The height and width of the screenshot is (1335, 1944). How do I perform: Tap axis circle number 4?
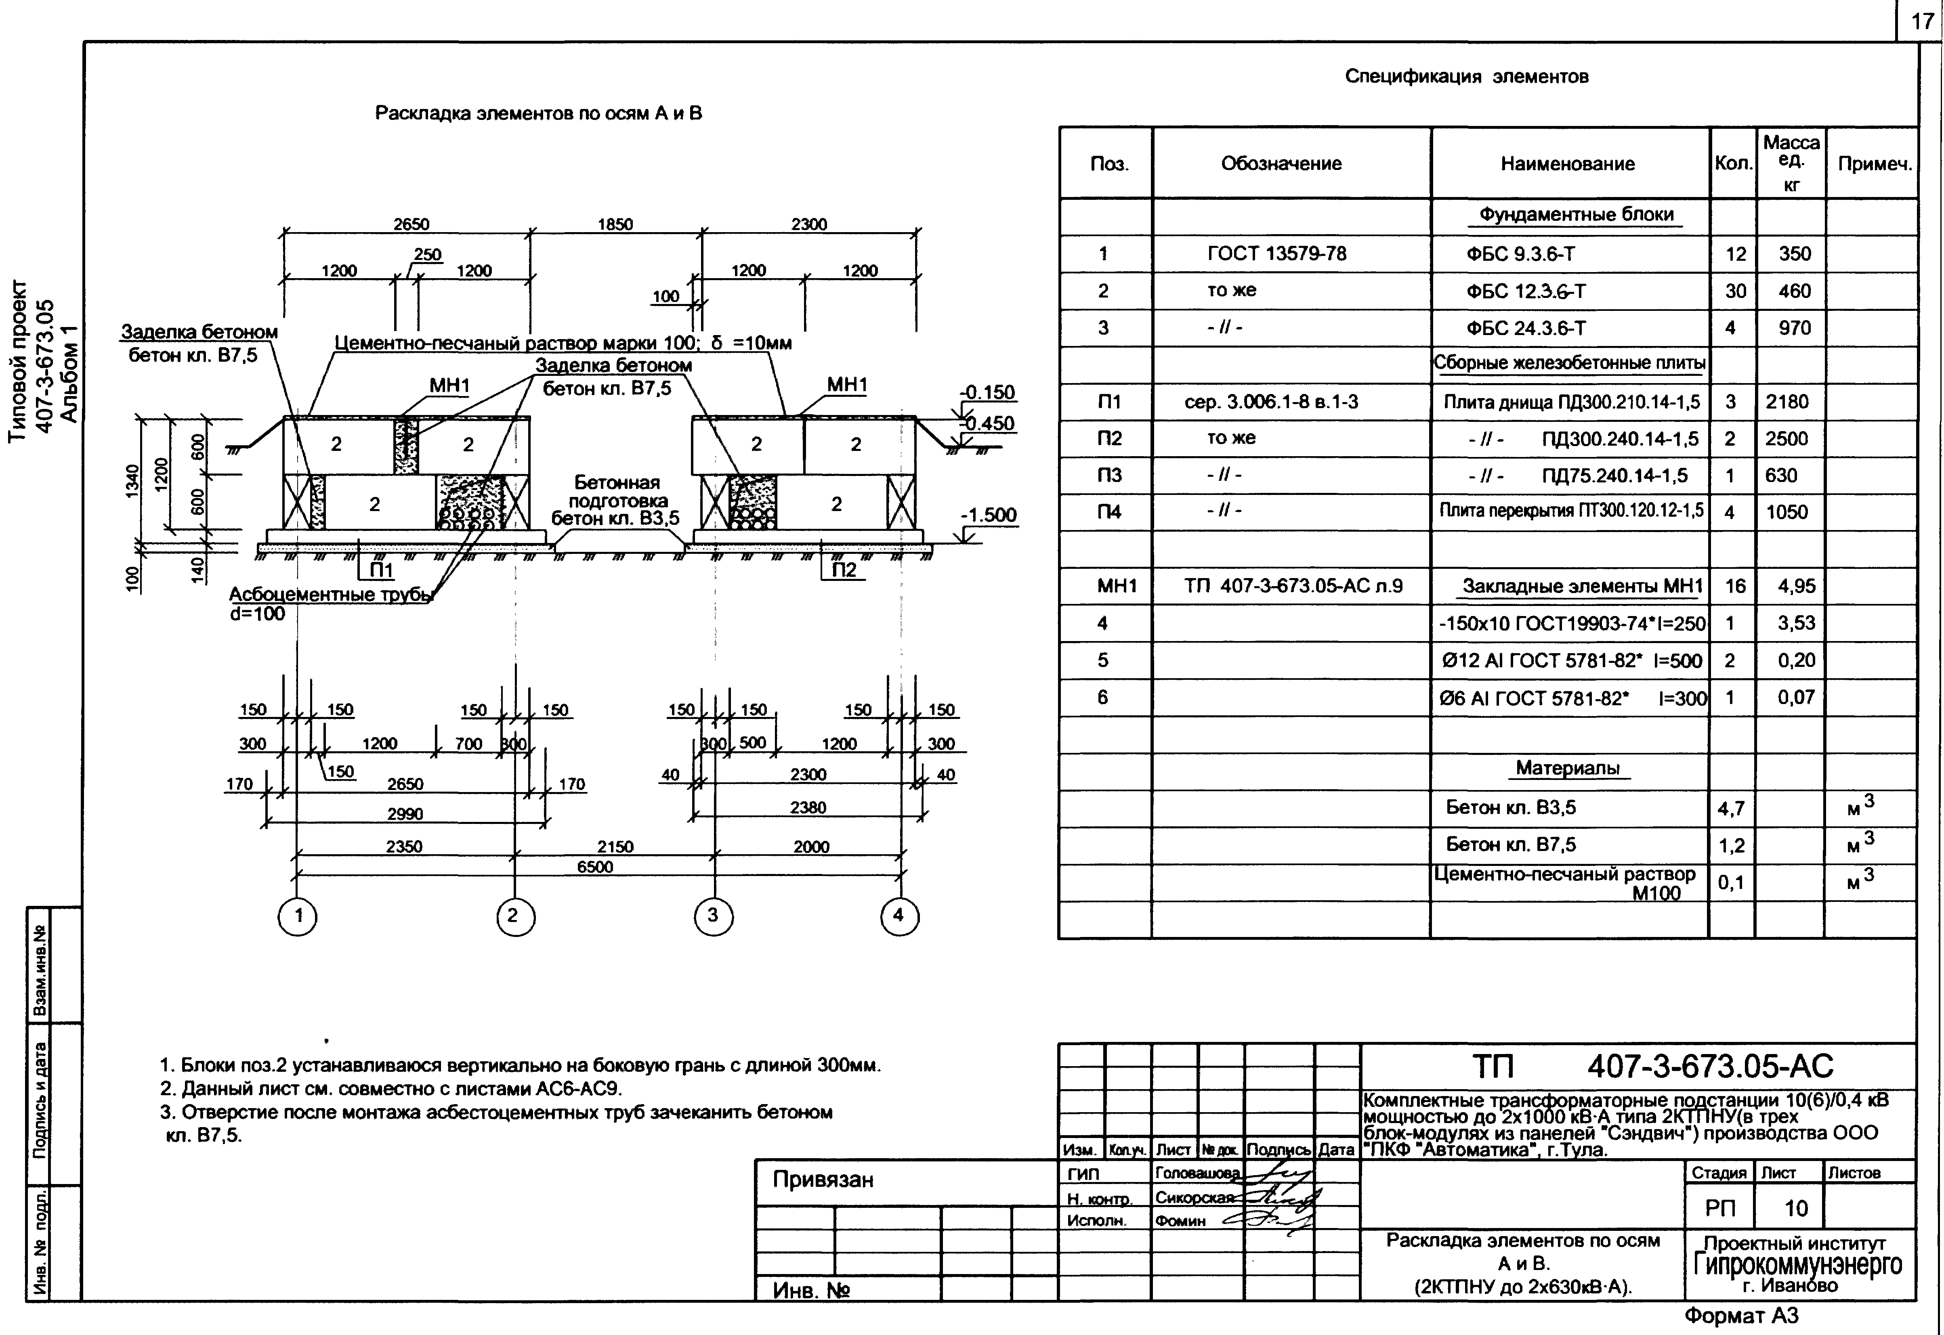[x=899, y=916]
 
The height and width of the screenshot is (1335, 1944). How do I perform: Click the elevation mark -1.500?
[x=988, y=515]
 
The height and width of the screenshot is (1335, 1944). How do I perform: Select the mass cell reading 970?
[x=1794, y=328]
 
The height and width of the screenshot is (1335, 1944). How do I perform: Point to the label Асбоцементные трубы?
[x=331, y=595]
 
